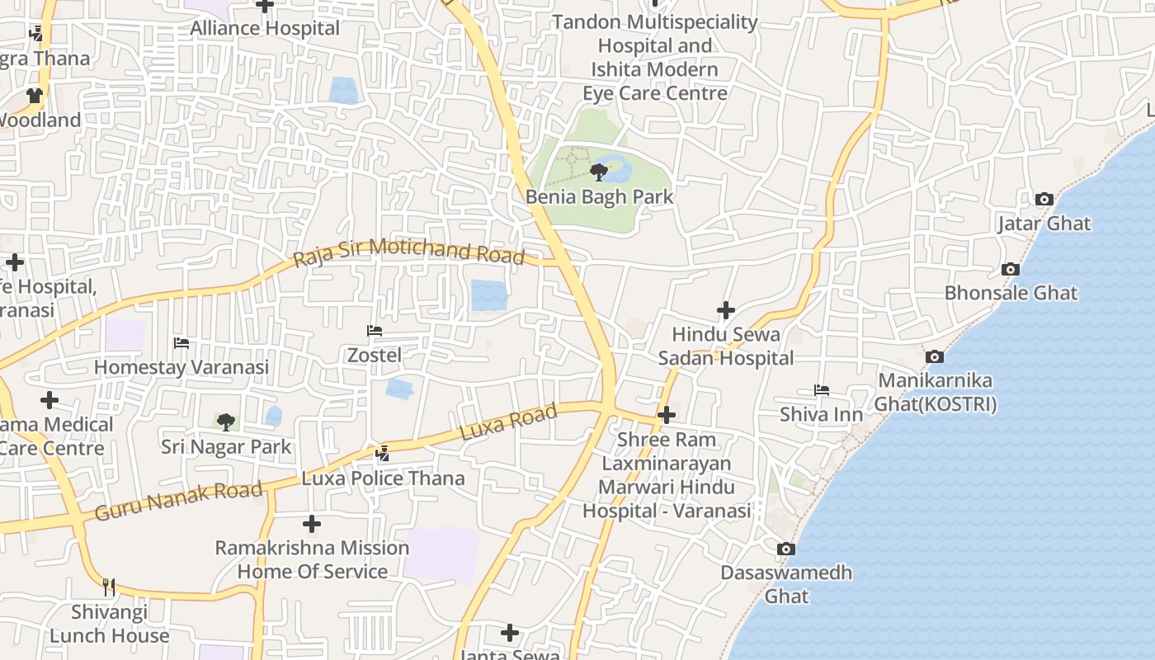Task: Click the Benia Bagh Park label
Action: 599,197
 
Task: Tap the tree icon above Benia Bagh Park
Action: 598,172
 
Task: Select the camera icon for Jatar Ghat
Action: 1044,199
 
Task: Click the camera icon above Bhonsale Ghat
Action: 1010,269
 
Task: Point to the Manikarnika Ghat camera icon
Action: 934,356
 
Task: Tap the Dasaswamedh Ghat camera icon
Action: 785,549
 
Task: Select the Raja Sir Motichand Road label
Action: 408,252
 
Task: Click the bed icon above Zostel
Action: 374,331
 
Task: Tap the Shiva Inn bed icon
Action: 821,389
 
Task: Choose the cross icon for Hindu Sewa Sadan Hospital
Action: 725,310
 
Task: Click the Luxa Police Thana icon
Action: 382,453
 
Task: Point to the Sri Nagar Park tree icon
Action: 225,422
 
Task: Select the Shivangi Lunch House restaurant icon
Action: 109,587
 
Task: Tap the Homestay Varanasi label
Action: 181,367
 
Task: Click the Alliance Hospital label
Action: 265,28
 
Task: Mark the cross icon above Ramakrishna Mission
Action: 312,524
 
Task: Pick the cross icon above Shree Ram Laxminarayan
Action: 667,415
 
